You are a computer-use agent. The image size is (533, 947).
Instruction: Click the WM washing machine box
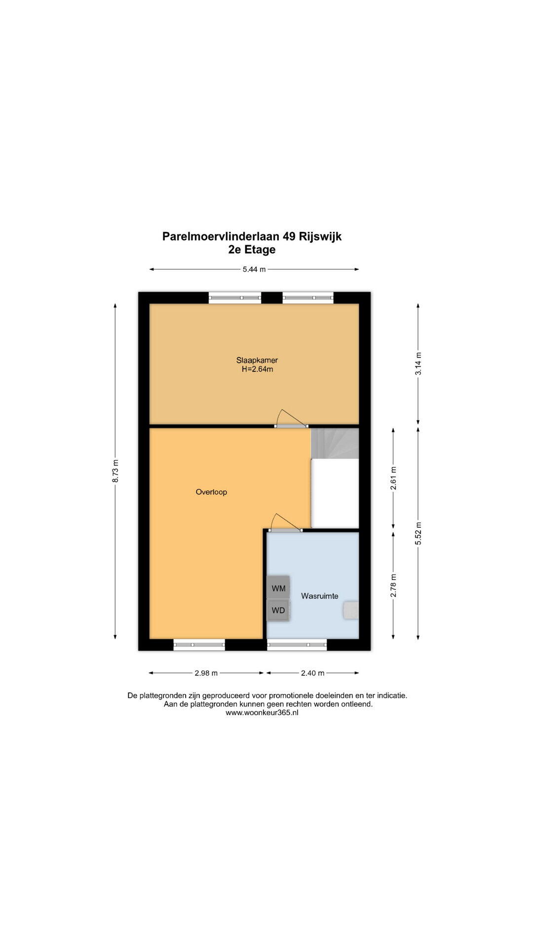pos(278,588)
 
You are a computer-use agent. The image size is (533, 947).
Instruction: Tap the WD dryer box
pos(278,610)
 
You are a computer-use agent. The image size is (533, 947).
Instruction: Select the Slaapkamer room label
pos(257,360)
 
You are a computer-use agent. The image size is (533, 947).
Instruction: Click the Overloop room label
pos(211,492)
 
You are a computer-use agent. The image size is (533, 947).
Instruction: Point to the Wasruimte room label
pos(320,596)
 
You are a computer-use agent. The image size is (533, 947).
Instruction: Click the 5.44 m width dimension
pos(254,269)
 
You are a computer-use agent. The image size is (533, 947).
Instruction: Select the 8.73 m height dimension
pos(115,471)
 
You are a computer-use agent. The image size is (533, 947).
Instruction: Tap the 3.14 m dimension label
pos(419,364)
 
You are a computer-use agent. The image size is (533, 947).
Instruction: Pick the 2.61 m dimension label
pos(393,478)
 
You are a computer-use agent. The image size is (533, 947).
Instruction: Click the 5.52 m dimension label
pos(419,533)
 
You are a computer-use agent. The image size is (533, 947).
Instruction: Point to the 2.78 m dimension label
pos(393,585)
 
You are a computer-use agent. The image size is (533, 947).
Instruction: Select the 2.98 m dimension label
pos(206,673)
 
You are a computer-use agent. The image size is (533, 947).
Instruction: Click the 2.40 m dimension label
pos(312,673)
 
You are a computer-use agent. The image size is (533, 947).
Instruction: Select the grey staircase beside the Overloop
pos(335,443)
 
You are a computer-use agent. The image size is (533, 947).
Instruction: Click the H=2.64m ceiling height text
pos(257,369)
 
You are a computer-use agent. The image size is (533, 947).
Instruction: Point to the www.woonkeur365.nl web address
pos(262,713)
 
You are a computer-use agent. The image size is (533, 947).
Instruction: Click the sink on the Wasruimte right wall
pos(351,610)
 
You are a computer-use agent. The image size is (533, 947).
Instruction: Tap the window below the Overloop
pos(199,645)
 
